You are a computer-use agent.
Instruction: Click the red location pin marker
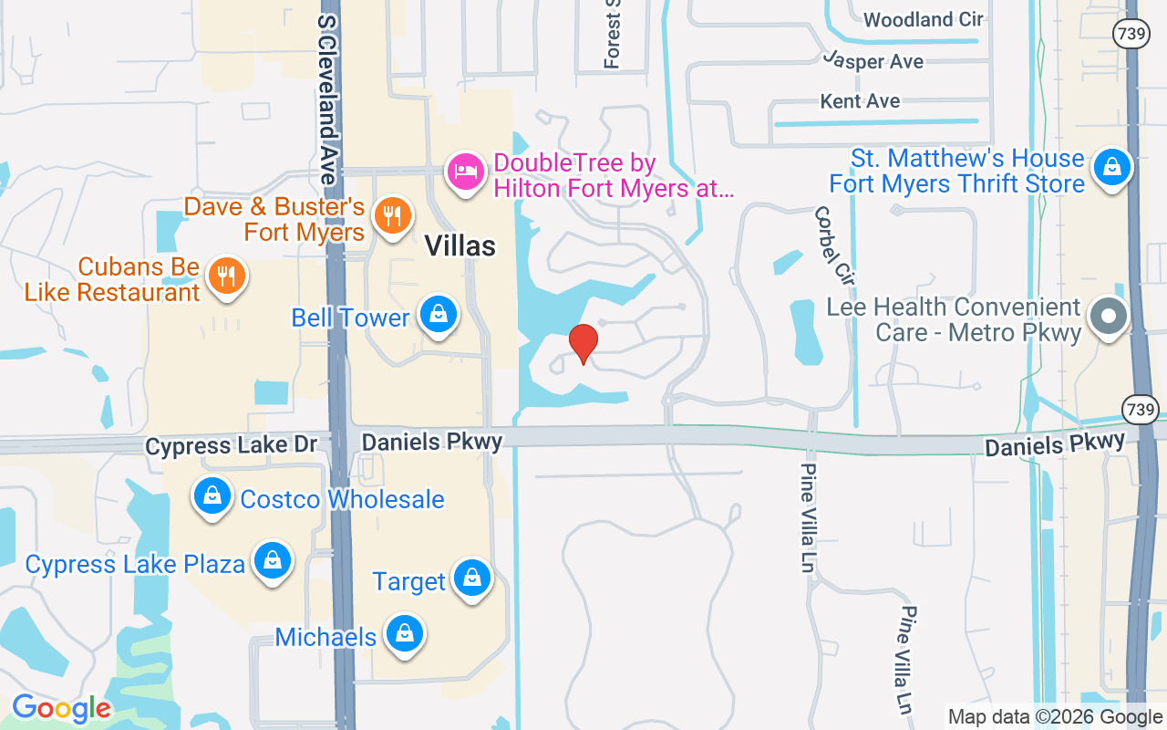(x=583, y=343)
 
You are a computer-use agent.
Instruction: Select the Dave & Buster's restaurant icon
(x=392, y=216)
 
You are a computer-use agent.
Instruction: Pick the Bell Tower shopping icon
(x=439, y=315)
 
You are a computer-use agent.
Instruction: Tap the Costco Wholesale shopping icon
(x=212, y=497)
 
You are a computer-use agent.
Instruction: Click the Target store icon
(x=472, y=579)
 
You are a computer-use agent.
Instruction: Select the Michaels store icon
(x=402, y=634)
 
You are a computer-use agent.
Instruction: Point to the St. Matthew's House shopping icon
(x=1111, y=168)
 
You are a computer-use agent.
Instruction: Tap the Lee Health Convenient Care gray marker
(x=1109, y=317)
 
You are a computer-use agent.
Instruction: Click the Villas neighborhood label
(x=460, y=245)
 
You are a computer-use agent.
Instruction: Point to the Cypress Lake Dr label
(x=232, y=445)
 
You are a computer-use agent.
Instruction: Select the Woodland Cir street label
(x=924, y=19)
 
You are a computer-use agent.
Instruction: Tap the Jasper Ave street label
(x=873, y=61)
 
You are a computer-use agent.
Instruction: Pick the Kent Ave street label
(x=860, y=101)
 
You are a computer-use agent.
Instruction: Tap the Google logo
(x=61, y=708)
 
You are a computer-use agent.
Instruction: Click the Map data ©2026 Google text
(x=1055, y=717)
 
